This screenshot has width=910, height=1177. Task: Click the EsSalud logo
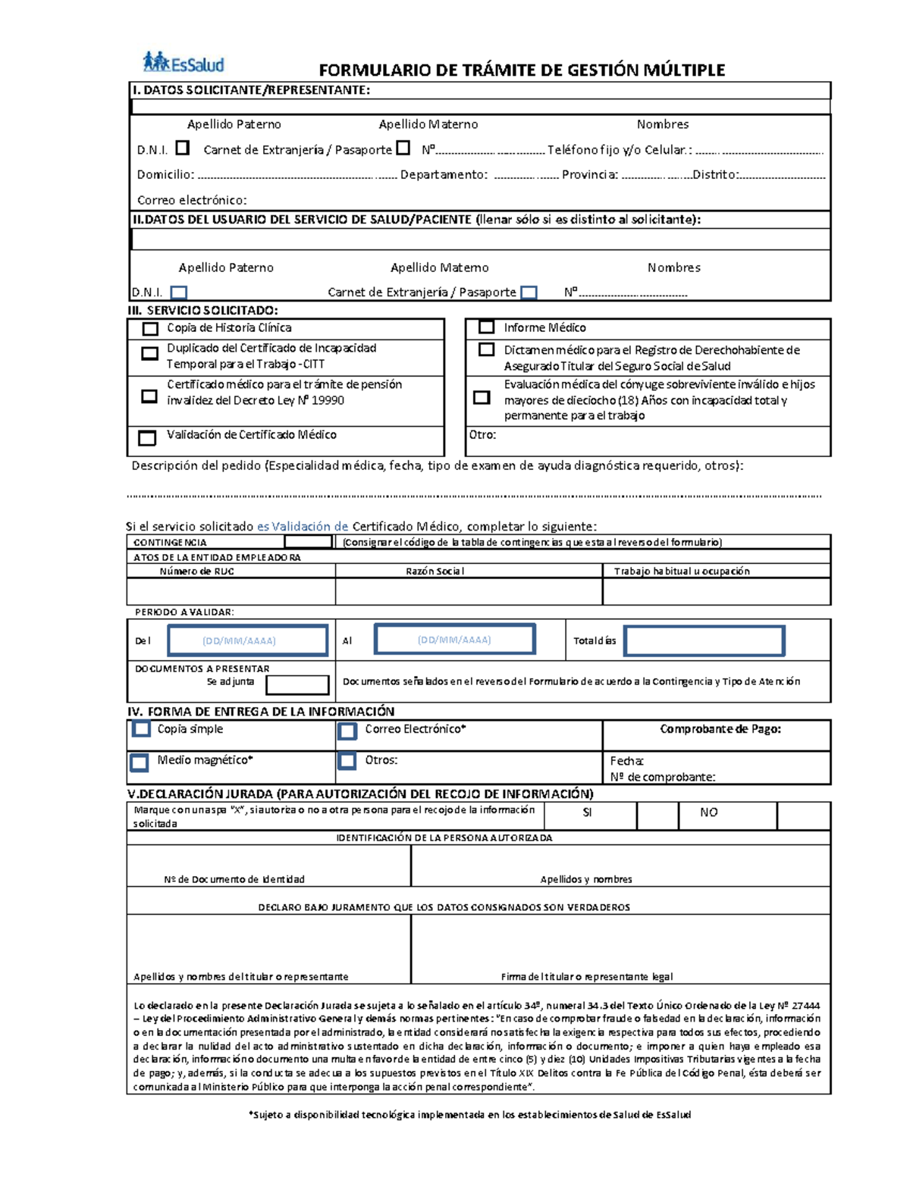click(x=184, y=62)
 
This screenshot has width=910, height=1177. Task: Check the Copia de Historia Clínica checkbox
click(x=150, y=329)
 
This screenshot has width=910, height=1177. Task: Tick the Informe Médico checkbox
click(x=486, y=327)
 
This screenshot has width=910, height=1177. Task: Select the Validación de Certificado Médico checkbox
click(x=147, y=437)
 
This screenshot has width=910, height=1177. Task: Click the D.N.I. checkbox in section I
click(x=182, y=148)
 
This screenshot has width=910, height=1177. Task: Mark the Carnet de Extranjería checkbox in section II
click(x=529, y=293)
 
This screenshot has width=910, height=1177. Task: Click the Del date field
click(x=247, y=640)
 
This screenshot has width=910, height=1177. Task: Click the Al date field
click(x=455, y=639)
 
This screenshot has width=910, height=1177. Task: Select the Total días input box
click(x=704, y=641)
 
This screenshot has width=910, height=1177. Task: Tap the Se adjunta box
click(x=297, y=684)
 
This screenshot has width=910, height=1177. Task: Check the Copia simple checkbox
click(x=141, y=729)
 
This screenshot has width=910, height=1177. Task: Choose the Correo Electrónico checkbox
click(x=347, y=731)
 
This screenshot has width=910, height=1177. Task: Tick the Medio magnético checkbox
click(x=139, y=762)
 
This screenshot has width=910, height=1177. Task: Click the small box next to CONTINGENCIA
click(x=308, y=542)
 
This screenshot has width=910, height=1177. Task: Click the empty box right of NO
click(x=803, y=815)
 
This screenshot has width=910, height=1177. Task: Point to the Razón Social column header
click(x=435, y=571)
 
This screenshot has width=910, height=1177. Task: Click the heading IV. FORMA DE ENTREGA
click(x=261, y=711)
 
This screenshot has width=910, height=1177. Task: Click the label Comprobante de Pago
click(x=720, y=729)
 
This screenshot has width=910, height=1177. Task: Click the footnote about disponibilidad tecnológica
click(x=469, y=1115)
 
